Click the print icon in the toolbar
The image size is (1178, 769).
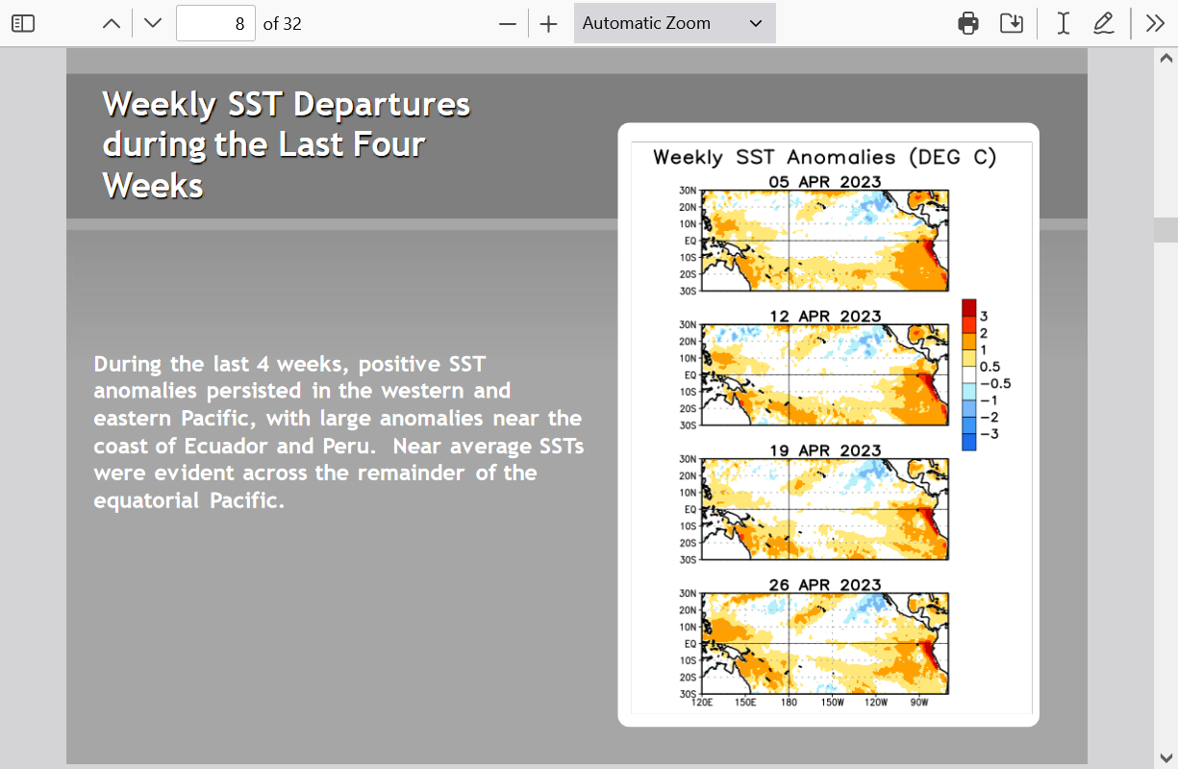click(x=968, y=23)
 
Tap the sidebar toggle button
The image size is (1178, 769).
click(x=23, y=23)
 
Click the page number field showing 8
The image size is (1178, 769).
click(x=215, y=23)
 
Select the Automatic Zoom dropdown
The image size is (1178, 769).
click(x=675, y=23)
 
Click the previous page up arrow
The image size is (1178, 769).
click(x=112, y=23)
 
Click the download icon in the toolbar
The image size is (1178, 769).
click(x=1012, y=23)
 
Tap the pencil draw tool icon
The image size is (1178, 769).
click(x=1104, y=23)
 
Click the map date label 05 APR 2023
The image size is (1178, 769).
click(x=825, y=182)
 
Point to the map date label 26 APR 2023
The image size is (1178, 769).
click(x=825, y=585)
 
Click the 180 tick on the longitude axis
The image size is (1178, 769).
click(x=789, y=703)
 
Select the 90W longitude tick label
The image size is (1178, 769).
click(x=919, y=703)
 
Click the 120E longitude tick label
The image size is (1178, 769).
click(x=702, y=703)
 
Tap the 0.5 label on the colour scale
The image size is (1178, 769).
click(x=990, y=367)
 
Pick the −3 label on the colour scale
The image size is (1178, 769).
click(x=989, y=434)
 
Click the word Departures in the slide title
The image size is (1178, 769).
click(x=381, y=104)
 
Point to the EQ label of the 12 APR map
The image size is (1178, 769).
click(x=690, y=375)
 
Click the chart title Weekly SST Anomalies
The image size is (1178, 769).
click(x=774, y=158)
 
